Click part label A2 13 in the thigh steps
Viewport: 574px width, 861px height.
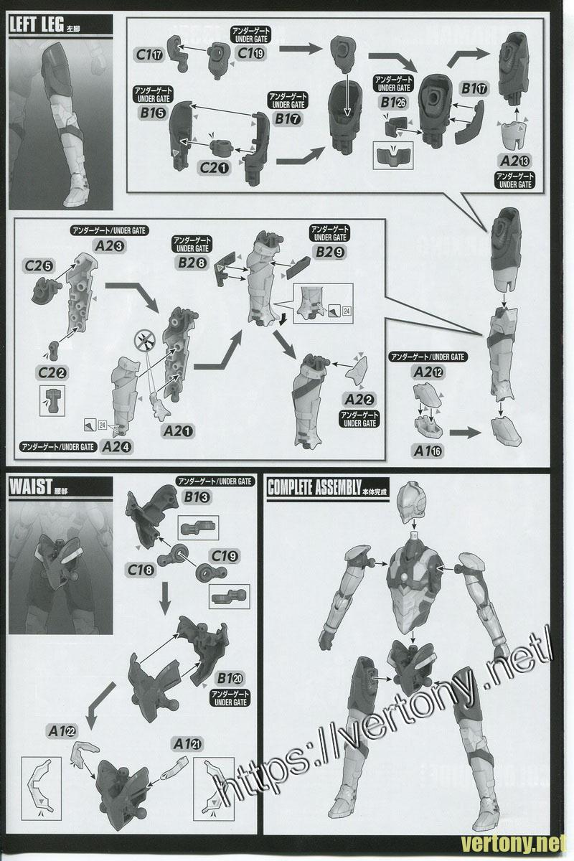pos(515,161)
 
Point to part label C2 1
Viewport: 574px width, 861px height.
pos(214,169)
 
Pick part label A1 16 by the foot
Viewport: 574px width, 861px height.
pos(428,449)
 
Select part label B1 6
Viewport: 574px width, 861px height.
pos(150,112)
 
